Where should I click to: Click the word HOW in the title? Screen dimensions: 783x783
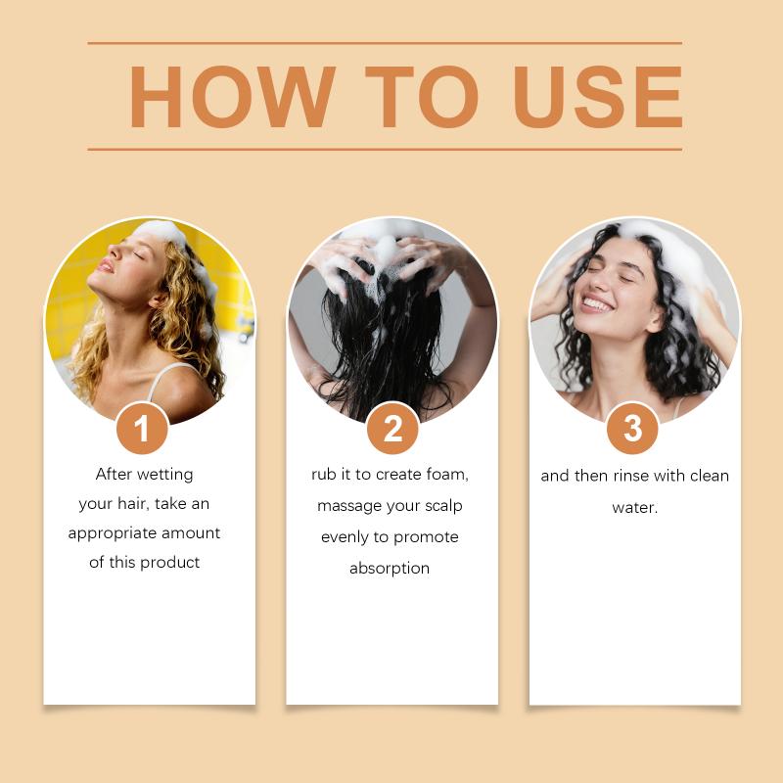(232, 97)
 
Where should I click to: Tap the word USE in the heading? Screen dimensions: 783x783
(598, 97)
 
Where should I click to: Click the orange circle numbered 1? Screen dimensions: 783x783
(142, 429)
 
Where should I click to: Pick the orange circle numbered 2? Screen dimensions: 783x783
(392, 429)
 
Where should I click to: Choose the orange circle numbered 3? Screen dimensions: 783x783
(632, 429)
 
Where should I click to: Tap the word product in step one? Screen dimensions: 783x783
(169, 563)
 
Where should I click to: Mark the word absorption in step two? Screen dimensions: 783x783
(390, 569)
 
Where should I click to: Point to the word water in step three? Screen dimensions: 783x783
(634, 508)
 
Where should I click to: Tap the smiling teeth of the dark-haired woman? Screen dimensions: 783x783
(596, 304)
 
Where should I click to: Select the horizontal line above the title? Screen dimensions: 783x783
(385, 43)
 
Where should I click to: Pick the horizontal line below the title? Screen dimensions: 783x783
(385, 149)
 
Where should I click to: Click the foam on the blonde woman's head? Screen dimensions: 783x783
(164, 231)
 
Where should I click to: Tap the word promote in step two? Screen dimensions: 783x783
(426, 537)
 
